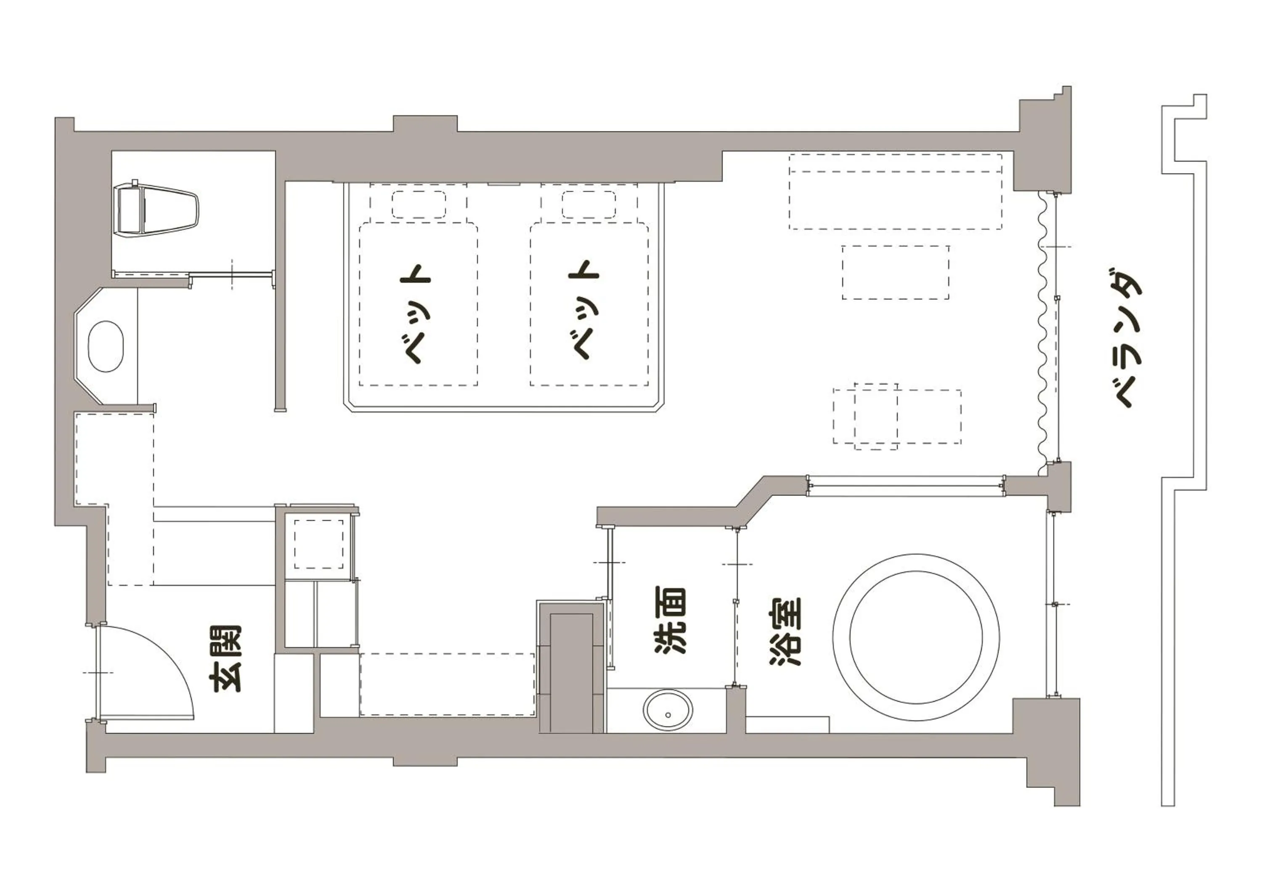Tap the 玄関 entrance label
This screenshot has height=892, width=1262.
click(x=226, y=658)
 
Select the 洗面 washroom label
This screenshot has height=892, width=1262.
click(x=671, y=621)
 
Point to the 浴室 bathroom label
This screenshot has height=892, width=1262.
click(x=785, y=632)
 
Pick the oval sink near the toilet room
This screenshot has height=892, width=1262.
click(x=106, y=346)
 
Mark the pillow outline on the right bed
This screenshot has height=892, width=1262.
click(x=589, y=204)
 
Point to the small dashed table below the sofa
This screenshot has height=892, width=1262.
click(x=895, y=272)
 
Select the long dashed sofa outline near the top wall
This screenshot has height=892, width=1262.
click(x=895, y=191)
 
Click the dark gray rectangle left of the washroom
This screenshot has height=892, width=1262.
click(x=572, y=673)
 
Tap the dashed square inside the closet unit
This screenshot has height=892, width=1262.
click(x=319, y=544)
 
